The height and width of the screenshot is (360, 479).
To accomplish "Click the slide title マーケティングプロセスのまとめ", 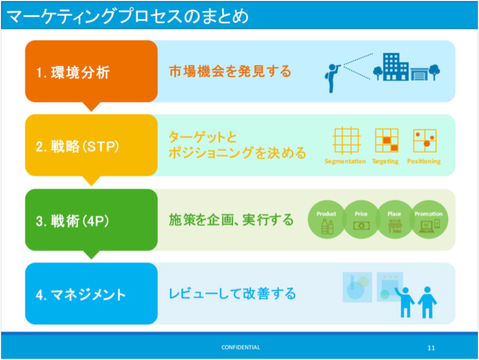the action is tap(128, 16).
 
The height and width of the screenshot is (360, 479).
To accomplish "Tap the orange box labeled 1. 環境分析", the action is tap(92, 71).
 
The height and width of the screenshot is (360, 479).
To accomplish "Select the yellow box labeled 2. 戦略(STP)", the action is tap(92, 145).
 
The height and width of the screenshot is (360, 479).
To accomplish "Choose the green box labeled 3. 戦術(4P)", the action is tap(92, 220).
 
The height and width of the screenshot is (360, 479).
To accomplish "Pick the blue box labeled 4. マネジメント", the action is tap(92, 293).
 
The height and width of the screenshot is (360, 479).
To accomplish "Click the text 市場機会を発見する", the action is tap(230, 71).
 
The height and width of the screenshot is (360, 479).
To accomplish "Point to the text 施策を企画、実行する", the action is tap(231, 220).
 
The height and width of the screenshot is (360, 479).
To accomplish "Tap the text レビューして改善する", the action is tap(232, 293).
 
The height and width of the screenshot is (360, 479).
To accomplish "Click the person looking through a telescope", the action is tap(332, 78).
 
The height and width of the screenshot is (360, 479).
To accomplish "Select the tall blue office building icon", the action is tap(396, 67).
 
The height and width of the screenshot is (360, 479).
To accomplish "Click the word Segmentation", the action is tap(345, 161).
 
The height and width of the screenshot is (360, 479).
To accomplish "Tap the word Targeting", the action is tap(385, 161).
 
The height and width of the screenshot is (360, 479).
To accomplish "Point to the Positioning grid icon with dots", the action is tap(425, 141).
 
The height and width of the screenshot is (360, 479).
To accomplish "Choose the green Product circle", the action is tap(327, 219).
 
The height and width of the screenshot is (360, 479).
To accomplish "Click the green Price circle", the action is tap(361, 219).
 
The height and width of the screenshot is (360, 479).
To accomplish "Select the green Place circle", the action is tap(395, 219).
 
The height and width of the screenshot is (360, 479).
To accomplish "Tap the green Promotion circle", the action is tap(429, 219).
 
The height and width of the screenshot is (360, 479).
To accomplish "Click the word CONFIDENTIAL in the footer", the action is tap(241, 347).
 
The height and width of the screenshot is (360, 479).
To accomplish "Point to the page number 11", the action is tap(431, 348).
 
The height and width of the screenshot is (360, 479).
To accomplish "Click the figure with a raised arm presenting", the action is tap(404, 302).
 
